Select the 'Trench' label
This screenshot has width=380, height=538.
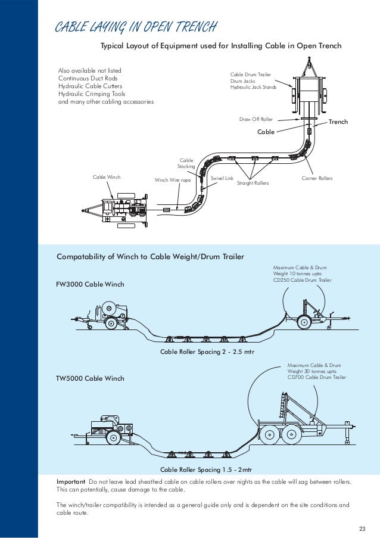pyautogui.click(x=338, y=123)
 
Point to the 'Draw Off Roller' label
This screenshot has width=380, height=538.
pyautogui.click(x=256, y=119)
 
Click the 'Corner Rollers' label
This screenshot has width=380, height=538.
pyautogui.click(x=317, y=179)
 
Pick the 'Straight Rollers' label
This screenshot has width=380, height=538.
pyautogui.click(x=253, y=183)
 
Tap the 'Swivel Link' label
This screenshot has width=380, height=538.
pyautogui.click(x=222, y=178)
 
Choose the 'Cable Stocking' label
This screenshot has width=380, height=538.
pyautogui.click(x=186, y=164)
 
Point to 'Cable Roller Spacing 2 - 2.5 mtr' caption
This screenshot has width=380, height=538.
pyautogui.click(x=207, y=352)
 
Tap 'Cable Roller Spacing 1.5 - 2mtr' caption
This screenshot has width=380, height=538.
pyautogui.click(x=207, y=453)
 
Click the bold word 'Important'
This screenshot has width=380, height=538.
pyautogui.click(x=71, y=481)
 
